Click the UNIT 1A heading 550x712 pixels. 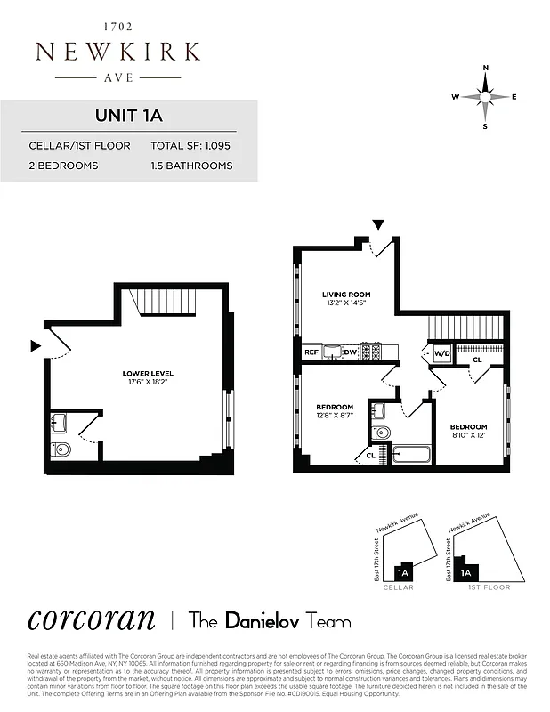pos(128,116)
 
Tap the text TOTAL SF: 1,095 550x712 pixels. pos(191,145)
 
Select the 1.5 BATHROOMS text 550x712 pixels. pos(191,166)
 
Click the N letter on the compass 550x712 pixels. pos(485,69)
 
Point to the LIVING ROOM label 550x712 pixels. pos(346,295)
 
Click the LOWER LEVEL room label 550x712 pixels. pos(148,373)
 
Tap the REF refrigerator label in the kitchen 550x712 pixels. pos(311,352)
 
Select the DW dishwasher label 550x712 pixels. pos(351,352)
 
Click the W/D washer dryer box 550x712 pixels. pos(442,352)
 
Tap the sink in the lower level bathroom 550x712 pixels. pos(60,423)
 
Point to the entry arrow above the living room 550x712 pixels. pos(378,224)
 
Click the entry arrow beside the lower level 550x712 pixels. pos(36,345)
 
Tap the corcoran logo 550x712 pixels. pos(91,619)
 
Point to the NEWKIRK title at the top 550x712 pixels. pos(117,52)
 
